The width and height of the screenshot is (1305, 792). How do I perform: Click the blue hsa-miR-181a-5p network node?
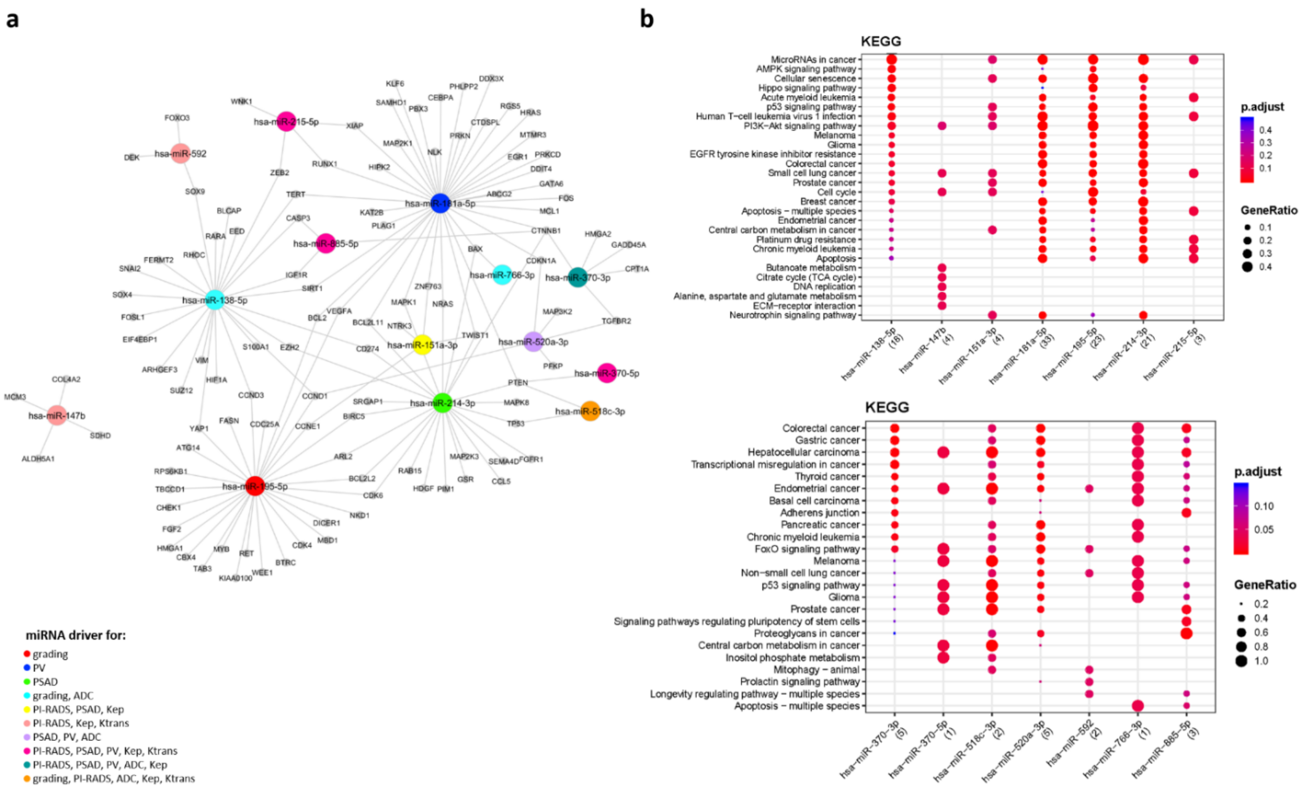pyautogui.click(x=440, y=203)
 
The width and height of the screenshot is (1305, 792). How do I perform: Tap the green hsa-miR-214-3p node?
pyautogui.click(x=442, y=403)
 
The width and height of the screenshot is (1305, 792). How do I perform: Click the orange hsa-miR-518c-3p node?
pyautogui.click(x=590, y=411)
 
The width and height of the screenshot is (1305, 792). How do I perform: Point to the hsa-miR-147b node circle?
pyautogui.click(x=57, y=416)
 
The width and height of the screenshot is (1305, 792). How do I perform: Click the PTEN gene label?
pyautogui.click(x=518, y=382)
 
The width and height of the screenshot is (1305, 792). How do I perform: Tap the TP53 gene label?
pyautogui.click(x=515, y=424)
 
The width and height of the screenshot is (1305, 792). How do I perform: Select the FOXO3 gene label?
pyautogui.click(x=177, y=117)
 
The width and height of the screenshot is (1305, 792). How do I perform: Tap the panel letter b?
pyautogui.click(x=647, y=19)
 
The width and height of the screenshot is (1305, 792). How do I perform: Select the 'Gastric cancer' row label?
pyautogui.click(x=827, y=440)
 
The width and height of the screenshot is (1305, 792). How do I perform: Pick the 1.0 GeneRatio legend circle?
pyautogui.click(x=1241, y=661)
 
